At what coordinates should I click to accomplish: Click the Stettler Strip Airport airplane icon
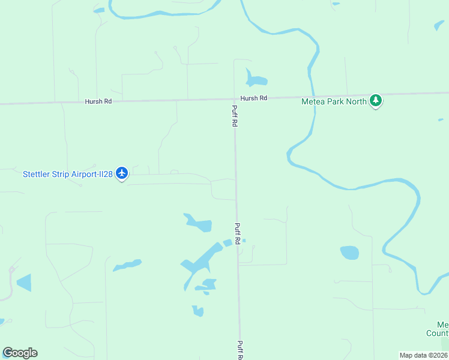point(122,173)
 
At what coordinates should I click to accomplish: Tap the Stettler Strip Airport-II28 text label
point(68,174)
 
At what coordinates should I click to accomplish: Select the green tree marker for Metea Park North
point(376,100)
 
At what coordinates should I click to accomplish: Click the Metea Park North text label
point(333,101)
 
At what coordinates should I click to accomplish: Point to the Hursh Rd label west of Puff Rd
point(99,101)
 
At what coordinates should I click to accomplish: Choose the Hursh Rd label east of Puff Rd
point(253,98)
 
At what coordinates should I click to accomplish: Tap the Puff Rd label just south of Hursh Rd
point(235,116)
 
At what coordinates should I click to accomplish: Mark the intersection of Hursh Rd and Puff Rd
point(234,99)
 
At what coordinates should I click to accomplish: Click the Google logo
point(20,352)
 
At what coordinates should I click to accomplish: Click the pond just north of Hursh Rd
point(255,80)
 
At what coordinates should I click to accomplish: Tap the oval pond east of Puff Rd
point(349,253)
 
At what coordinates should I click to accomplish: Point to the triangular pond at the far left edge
point(25,282)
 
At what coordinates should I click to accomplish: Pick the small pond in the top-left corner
point(98,10)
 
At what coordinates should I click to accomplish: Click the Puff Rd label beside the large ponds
point(237,233)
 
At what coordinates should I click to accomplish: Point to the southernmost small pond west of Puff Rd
point(197,311)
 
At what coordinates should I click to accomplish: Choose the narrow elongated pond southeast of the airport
point(127,265)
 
